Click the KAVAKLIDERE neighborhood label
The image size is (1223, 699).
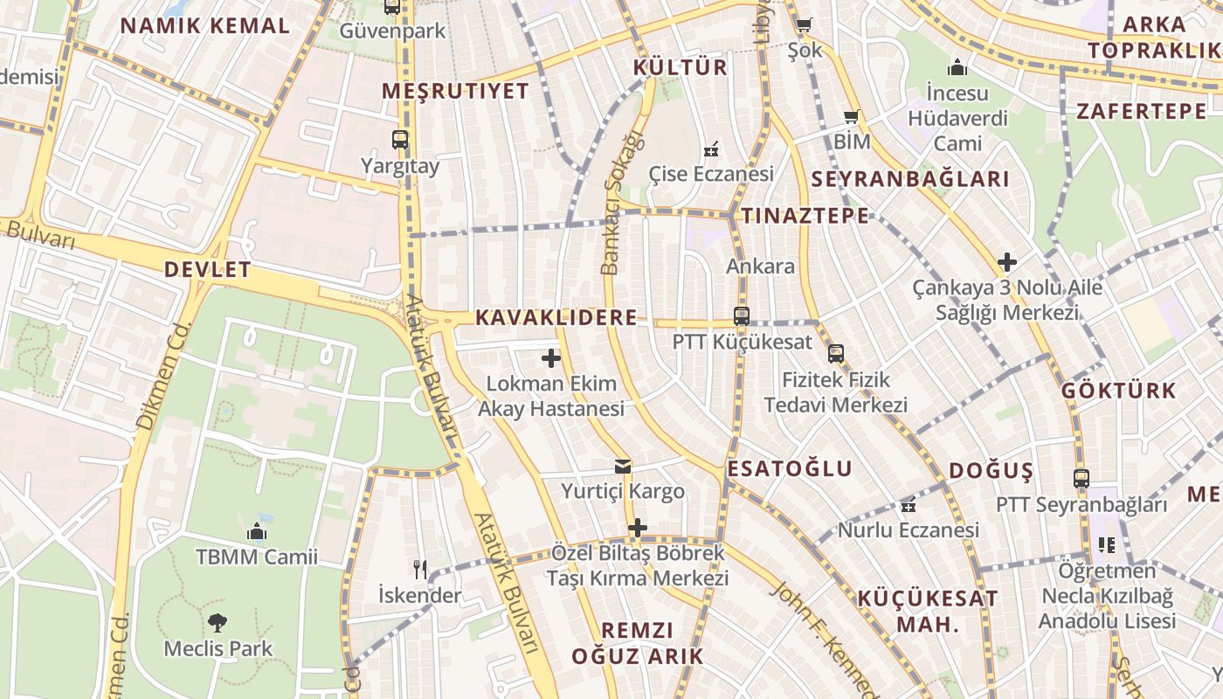pyautogui.click(x=556, y=318)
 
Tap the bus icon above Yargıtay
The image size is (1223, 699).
pyautogui.click(x=400, y=140)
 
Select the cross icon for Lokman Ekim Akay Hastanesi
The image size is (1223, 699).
pyautogui.click(x=551, y=358)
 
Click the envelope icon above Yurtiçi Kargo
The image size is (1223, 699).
pyautogui.click(x=622, y=467)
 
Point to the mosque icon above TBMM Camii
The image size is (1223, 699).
pyautogui.click(x=257, y=531)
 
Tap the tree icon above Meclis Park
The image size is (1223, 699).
pyautogui.click(x=218, y=623)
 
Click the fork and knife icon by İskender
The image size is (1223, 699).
pyautogui.click(x=420, y=570)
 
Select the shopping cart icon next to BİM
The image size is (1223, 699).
pyautogui.click(x=852, y=116)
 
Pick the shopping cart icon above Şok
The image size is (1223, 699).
pyautogui.click(x=804, y=24)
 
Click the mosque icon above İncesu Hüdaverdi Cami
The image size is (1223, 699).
pyautogui.click(x=957, y=67)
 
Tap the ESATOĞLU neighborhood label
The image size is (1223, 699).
pyautogui.click(x=790, y=469)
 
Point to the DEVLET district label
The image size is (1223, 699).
pyautogui.click(x=208, y=270)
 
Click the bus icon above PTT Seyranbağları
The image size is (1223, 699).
pyautogui.click(x=1081, y=479)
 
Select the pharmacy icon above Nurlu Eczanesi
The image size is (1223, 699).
pyautogui.click(x=909, y=504)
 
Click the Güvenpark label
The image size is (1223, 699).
pyautogui.click(x=392, y=31)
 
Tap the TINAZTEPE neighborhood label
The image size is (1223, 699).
pyautogui.click(x=805, y=216)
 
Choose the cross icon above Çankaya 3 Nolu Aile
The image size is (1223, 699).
pyautogui.click(x=1007, y=261)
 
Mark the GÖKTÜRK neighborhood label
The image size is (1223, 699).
pyautogui.click(x=1119, y=391)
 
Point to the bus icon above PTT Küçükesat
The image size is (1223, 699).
pyautogui.click(x=742, y=316)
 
